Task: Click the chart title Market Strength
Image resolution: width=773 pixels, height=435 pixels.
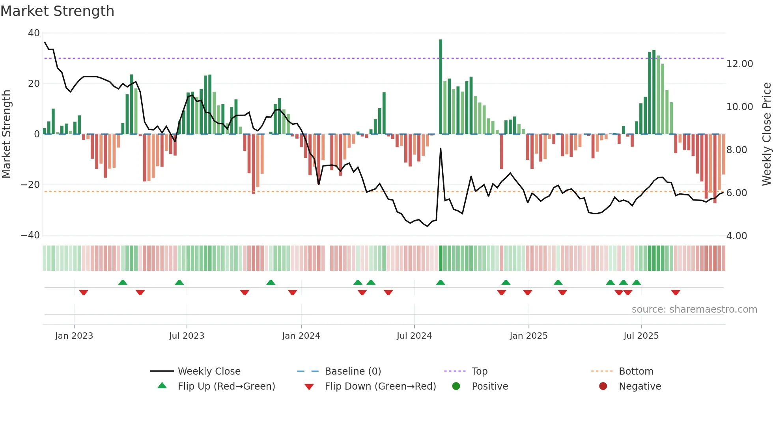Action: [57, 11]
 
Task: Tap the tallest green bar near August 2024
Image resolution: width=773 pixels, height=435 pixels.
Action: [441, 87]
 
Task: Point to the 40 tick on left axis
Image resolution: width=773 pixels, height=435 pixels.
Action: [34, 33]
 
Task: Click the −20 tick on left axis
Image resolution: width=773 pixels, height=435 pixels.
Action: [30, 185]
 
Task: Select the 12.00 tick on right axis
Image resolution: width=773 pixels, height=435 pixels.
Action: [739, 64]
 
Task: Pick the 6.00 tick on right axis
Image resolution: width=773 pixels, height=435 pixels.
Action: [737, 193]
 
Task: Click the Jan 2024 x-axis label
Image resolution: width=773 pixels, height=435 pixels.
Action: [301, 336]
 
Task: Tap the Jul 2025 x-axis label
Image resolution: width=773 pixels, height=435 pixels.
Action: [641, 336]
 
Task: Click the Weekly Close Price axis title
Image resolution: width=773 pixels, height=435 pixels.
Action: [766, 134]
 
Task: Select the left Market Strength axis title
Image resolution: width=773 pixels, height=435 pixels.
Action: [7, 134]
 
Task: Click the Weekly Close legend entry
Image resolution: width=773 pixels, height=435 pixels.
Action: [209, 371]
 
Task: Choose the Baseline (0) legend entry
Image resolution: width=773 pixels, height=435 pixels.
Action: [353, 371]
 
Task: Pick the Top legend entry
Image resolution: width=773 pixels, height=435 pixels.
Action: [479, 371]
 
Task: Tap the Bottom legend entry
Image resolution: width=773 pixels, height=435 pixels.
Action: [636, 371]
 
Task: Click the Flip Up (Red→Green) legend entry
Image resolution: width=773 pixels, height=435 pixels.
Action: [226, 386]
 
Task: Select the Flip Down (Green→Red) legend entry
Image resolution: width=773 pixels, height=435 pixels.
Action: [380, 386]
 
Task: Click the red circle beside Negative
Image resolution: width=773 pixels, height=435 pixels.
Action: [603, 386]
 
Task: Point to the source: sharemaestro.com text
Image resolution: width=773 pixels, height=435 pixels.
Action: [694, 309]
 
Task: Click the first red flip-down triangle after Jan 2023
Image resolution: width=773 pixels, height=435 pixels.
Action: [84, 292]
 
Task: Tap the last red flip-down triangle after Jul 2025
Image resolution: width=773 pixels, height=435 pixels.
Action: [676, 292]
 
